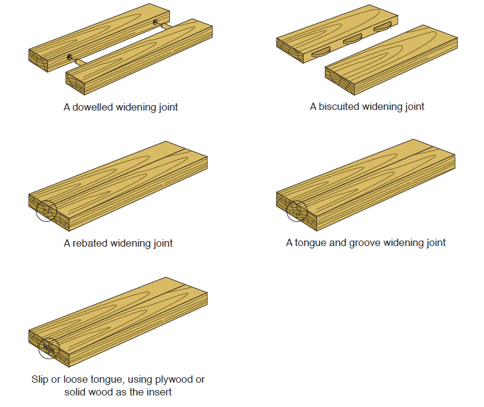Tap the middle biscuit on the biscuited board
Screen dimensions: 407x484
coord(352,41)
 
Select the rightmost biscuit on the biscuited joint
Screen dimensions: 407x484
coord(383,27)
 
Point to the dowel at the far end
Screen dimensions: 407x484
coord(158,23)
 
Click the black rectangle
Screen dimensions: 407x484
coord(360,343)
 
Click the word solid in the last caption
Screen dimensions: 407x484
coord(77,392)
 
